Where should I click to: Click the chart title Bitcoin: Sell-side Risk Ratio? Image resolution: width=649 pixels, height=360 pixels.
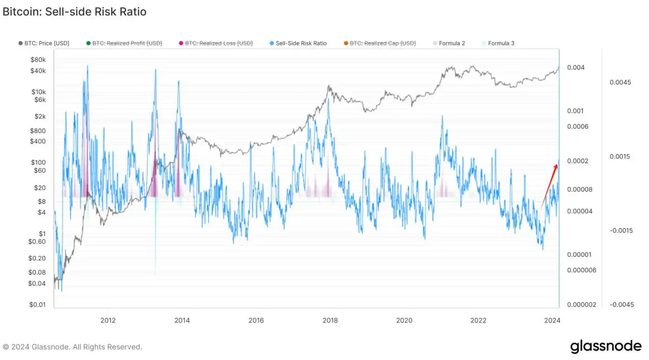coord(74,12)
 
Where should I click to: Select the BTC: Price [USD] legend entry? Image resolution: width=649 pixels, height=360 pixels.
coord(44,43)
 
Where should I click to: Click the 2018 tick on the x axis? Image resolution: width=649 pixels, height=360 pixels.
coord(330,320)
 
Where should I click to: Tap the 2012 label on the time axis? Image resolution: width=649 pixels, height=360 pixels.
coord(108,320)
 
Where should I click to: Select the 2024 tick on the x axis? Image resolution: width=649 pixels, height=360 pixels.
coord(552,320)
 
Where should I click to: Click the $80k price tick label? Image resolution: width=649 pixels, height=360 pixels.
coord(38,59)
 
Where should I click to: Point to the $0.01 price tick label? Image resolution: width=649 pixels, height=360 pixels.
coord(37,304)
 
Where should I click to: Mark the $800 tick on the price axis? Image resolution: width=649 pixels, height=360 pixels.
coord(38,131)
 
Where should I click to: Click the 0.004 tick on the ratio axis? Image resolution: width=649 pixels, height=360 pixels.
coord(576,67)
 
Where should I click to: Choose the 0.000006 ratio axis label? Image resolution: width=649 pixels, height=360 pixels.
coord(582,270)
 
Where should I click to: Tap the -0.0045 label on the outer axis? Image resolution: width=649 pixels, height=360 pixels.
coord(622,304)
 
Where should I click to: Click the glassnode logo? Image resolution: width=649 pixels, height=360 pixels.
coord(606,347)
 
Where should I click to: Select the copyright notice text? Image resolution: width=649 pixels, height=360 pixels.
coord(72,347)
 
